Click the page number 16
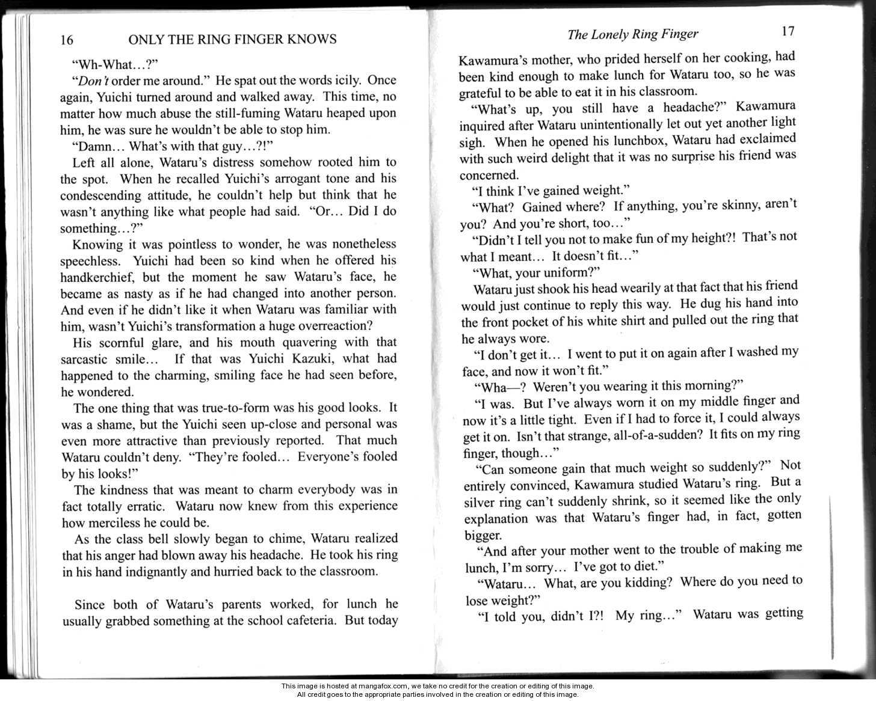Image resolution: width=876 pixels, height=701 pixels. pyautogui.click(x=67, y=40)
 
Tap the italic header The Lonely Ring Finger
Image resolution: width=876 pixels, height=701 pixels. pyautogui.click(x=633, y=34)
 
